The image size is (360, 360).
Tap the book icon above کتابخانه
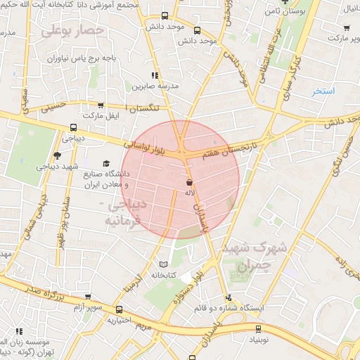pos(164,263)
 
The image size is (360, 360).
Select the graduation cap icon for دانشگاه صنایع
pos(106,163)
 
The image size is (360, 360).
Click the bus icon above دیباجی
pos(73,128)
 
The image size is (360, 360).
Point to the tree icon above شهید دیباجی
pos(57,155)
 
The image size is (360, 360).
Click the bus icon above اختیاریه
pos(118,309)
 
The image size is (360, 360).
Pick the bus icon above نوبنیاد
pos(257,328)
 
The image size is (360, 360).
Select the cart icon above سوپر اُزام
pos(88,298)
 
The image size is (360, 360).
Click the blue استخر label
pos(323,91)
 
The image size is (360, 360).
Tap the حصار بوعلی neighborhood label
pos(72,31)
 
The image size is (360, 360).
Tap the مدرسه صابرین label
pos(153,86)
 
